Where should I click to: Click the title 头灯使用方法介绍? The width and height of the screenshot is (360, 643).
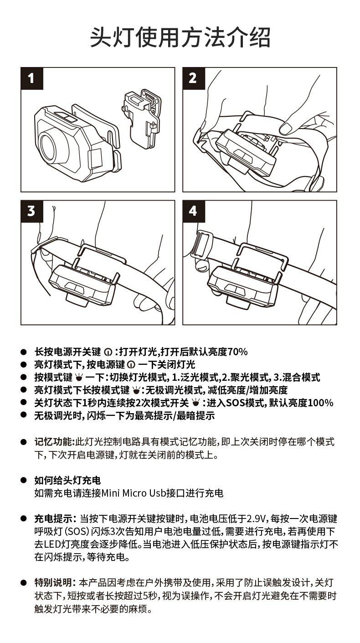point(180,37)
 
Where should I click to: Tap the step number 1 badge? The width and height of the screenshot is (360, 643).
point(31,78)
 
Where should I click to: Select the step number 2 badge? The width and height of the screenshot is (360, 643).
point(193,78)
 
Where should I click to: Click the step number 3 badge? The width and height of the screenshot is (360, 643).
point(31,211)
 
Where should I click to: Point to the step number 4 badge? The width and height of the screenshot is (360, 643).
point(193,211)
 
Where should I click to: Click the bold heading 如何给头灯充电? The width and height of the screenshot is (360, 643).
point(67,480)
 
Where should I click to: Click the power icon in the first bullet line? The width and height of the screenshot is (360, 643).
point(108,352)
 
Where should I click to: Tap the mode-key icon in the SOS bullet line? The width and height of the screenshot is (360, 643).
point(195,403)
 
